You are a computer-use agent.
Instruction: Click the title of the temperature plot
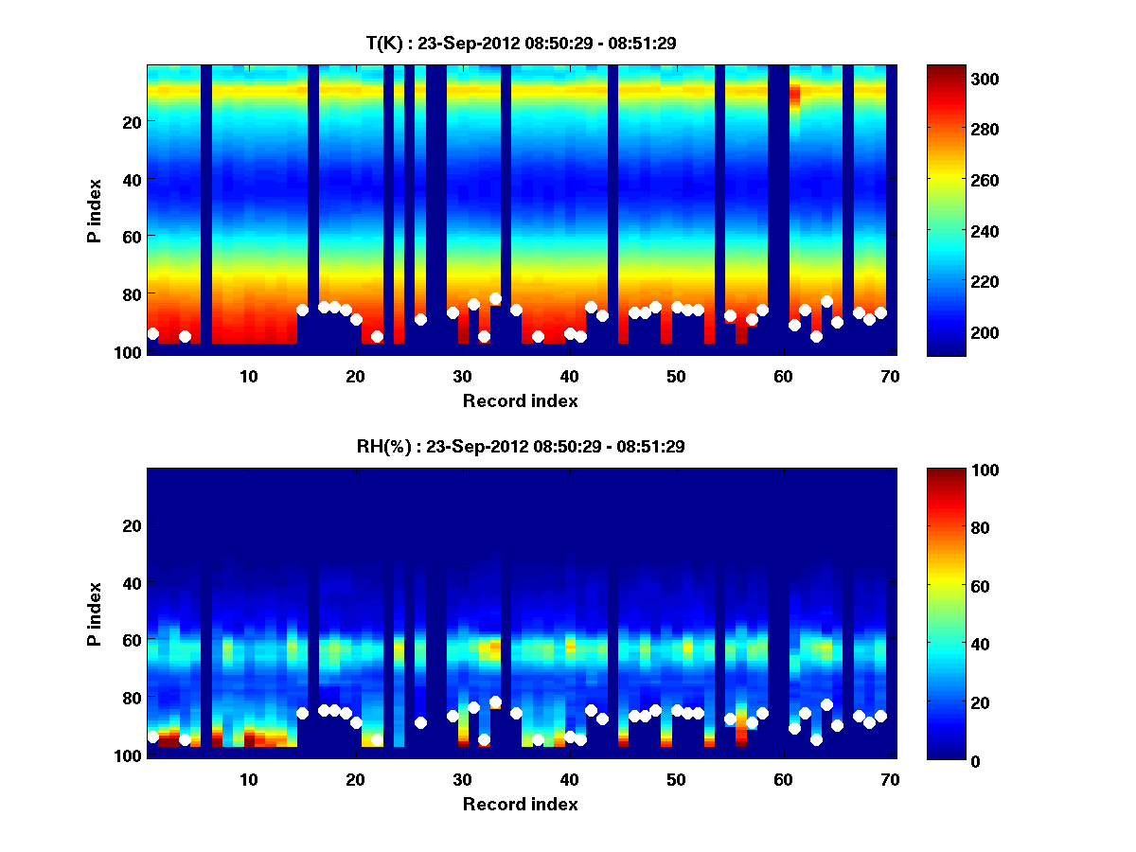[521, 44]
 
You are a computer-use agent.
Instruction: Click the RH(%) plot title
[521, 447]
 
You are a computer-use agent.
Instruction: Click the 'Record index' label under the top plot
[521, 401]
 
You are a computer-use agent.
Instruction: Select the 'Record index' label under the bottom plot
[521, 805]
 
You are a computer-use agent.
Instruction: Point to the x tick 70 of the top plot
[889, 376]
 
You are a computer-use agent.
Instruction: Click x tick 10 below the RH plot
[248, 779]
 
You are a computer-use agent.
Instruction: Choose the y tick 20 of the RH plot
[132, 525]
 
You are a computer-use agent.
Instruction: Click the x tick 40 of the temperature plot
[568, 376]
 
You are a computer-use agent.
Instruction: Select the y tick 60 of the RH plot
[132, 640]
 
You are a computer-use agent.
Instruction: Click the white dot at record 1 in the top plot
[153, 333]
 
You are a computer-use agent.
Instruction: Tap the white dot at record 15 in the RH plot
[303, 713]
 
